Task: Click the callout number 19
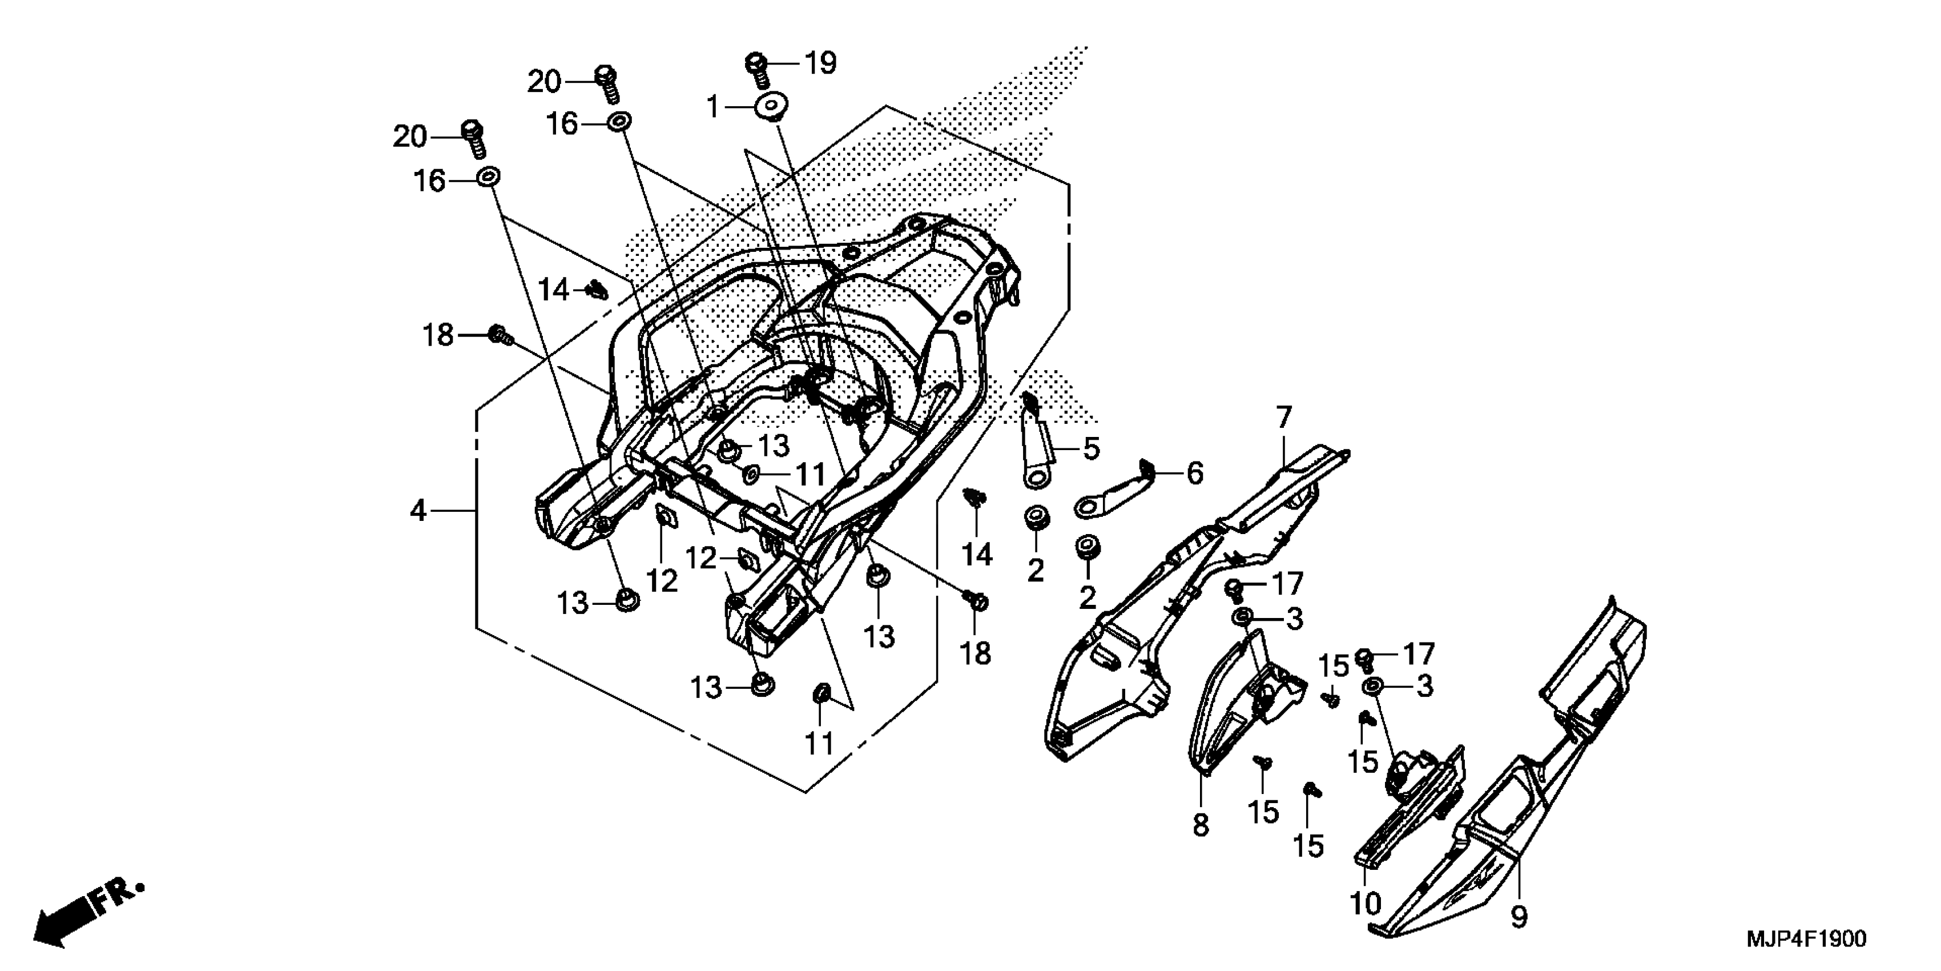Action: (820, 63)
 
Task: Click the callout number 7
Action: (1284, 417)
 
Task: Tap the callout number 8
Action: (1201, 825)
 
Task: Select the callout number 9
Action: (1519, 917)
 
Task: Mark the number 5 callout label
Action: (1091, 448)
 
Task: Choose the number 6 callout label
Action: (1195, 474)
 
